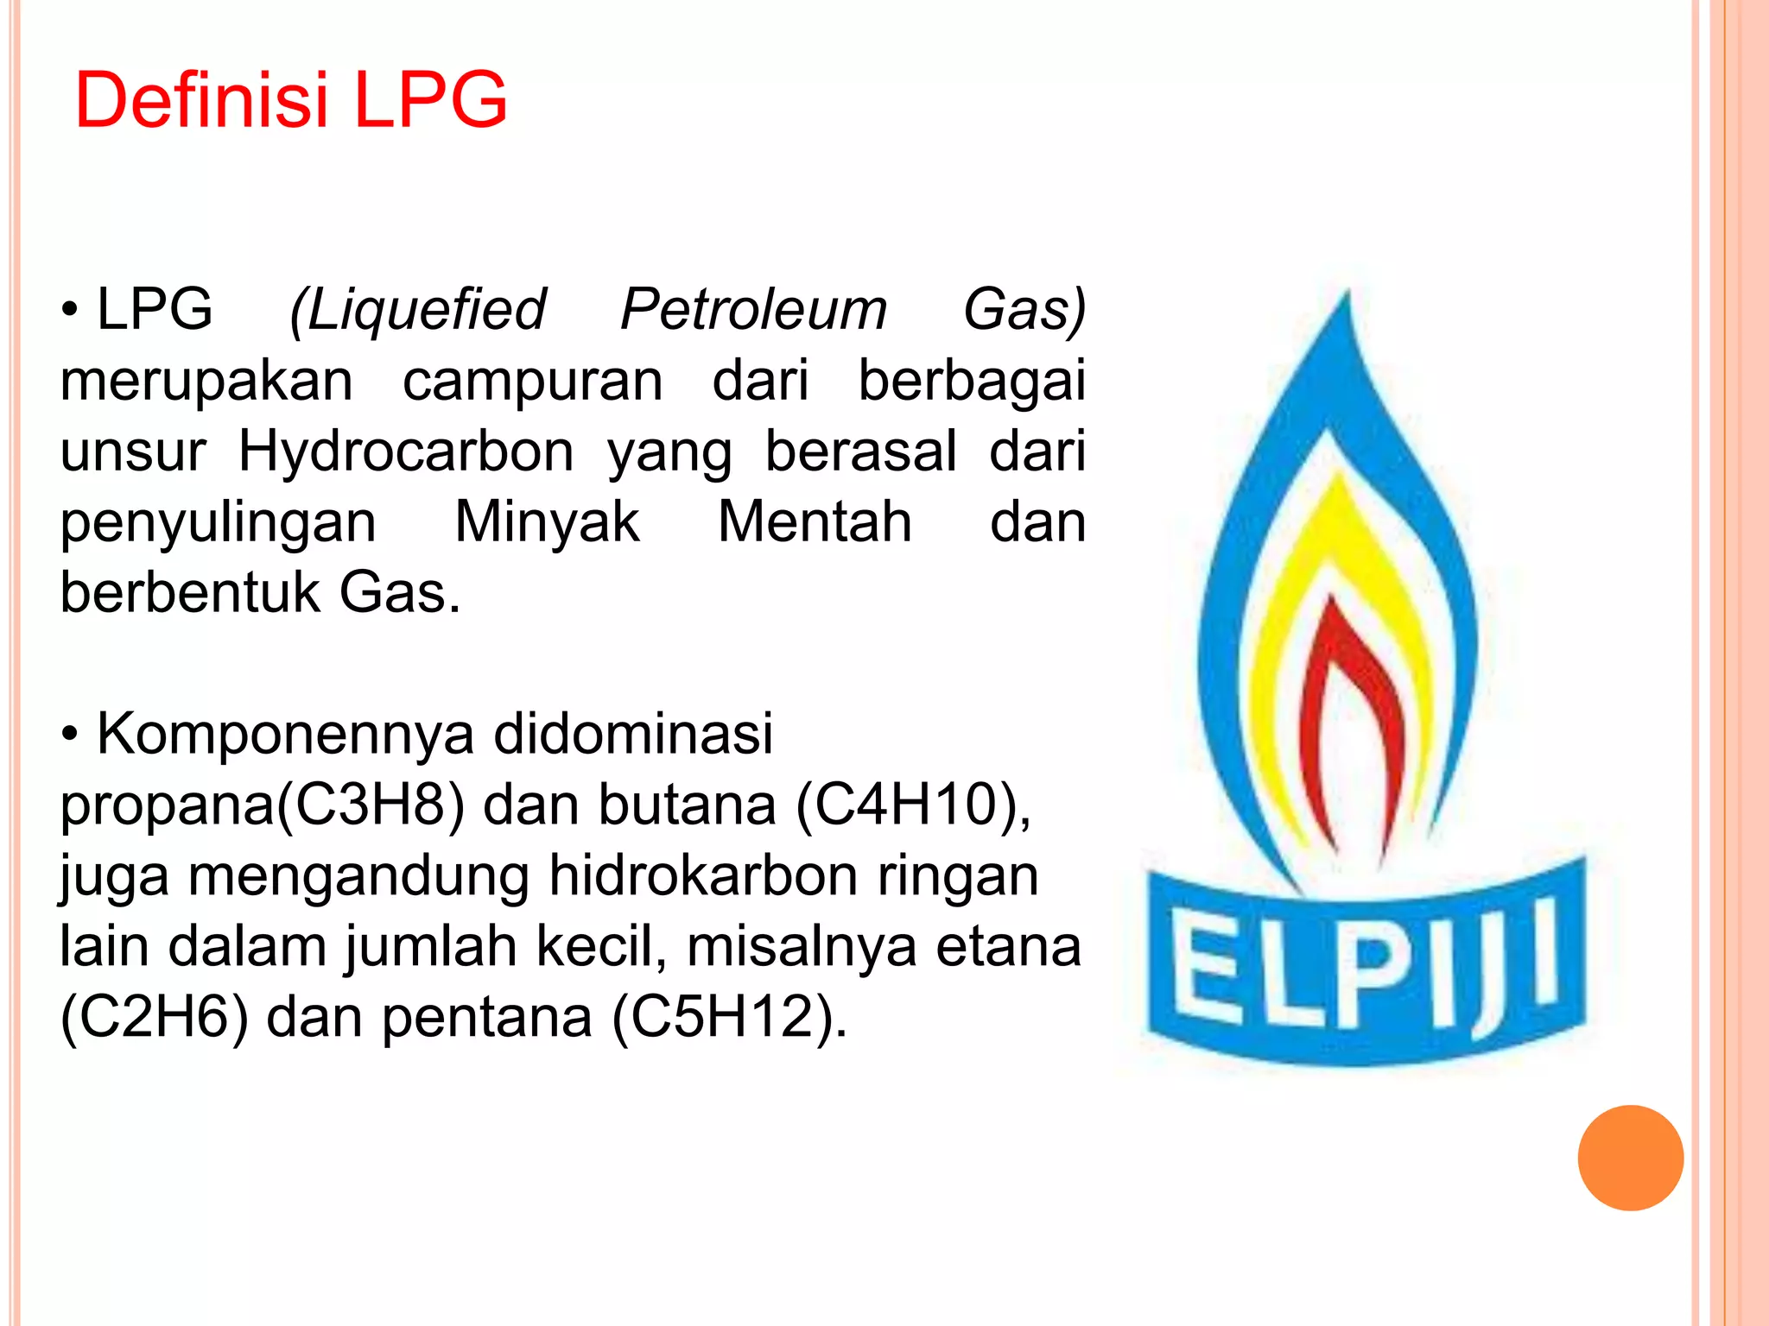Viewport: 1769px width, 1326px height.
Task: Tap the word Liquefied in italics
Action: (x=418, y=310)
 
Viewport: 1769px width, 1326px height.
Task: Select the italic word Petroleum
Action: (x=753, y=310)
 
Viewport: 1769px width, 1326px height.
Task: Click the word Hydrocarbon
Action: (x=406, y=451)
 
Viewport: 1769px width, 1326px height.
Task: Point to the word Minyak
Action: (x=547, y=522)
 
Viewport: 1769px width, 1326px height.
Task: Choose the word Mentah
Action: (x=815, y=522)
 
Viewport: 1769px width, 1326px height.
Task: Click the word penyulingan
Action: (x=218, y=524)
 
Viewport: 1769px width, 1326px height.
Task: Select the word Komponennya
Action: (x=285, y=736)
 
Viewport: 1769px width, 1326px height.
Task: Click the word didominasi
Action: (x=633, y=735)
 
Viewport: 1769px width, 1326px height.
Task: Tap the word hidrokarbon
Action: (x=703, y=876)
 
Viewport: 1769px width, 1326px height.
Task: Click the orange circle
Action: (x=1630, y=1158)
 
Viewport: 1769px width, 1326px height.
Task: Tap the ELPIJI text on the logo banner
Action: (x=1365, y=967)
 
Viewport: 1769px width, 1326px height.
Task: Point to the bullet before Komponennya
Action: (x=70, y=736)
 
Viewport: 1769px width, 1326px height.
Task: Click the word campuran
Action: (x=532, y=381)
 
